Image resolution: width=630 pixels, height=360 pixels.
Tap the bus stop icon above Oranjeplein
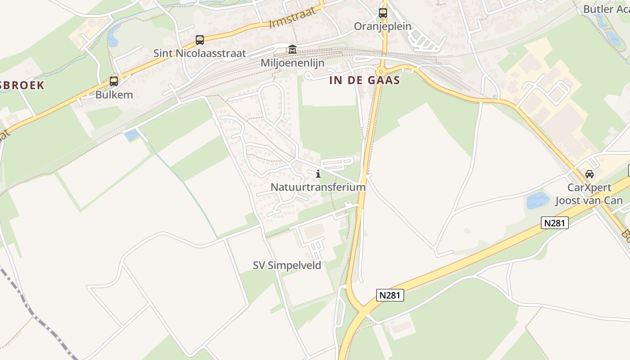[383, 13]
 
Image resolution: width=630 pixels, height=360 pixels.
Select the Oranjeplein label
[382, 26]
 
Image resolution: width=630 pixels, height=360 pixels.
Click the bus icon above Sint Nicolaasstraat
[200, 40]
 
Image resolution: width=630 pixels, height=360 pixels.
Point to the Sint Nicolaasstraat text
[200, 53]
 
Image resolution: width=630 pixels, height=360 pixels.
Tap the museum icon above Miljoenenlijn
[292, 49]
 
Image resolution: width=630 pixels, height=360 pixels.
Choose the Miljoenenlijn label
[292, 63]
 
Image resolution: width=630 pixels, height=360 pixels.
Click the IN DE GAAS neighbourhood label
[364, 81]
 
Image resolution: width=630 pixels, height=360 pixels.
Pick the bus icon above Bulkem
[114, 81]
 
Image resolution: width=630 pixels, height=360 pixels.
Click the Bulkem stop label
[114, 95]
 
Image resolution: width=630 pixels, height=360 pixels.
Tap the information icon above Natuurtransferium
[318, 174]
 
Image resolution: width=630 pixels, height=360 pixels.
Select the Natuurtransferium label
[318, 187]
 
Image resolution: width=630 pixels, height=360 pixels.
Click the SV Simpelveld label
[287, 265]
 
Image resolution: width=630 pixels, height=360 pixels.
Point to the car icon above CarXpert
[589, 174]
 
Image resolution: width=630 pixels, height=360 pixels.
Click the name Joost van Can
[589, 201]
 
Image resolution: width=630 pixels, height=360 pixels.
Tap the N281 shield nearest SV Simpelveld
[390, 295]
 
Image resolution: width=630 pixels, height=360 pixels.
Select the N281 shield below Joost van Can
[554, 222]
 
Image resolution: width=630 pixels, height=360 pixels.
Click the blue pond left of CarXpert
[538, 201]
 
